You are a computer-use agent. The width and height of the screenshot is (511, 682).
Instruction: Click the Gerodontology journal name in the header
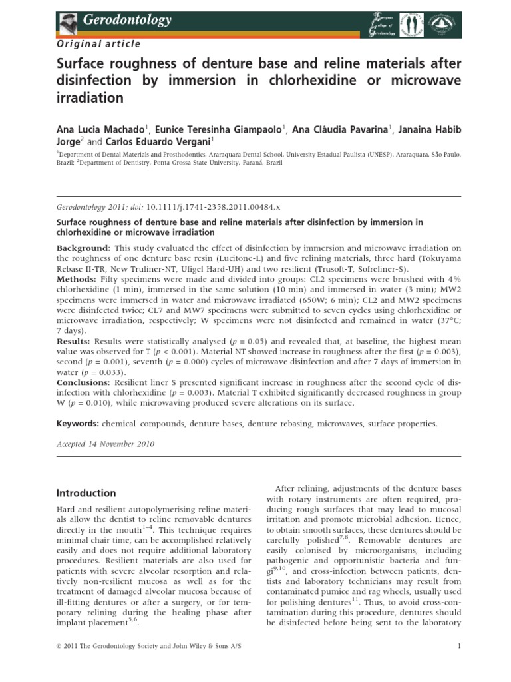(127, 20)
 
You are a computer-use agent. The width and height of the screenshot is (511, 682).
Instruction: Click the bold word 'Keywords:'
(78, 423)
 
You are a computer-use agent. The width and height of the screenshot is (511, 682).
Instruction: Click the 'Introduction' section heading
(86, 494)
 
